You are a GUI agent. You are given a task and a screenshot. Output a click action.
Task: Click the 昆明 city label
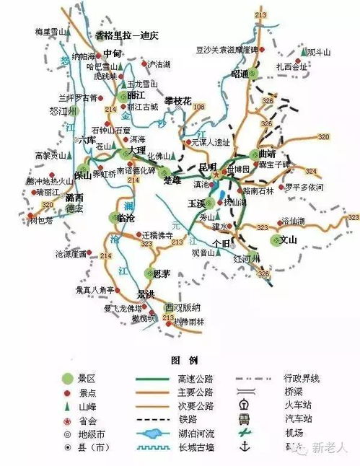pos(207,166)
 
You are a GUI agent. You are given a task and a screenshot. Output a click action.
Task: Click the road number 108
pos(199,107)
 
